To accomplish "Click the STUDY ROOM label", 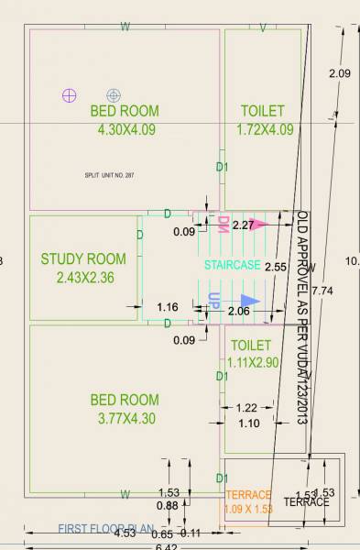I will pyautogui.click(x=83, y=258).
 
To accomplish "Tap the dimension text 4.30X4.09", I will pyautogui.click(x=127, y=129).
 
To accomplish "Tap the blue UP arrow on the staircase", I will pyautogui.click(x=249, y=301).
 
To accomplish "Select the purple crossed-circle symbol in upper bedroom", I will pyautogui.click(x=69, y=94).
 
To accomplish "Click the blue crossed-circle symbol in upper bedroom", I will pyautogui.click(x=113, y=94).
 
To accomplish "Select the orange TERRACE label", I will pyautogui.click(x=249, y=495).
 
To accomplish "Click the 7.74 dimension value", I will pyautogui.click(x=322, y=290).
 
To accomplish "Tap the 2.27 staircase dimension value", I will pyautogui.click(x=243, y=225).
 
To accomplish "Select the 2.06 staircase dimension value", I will pyautogui.click(x=238, y=313).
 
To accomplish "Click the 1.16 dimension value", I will pyautogui.click(x=168, y=307).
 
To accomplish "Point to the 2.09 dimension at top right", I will pyautogui.click(x=340, y=72).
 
